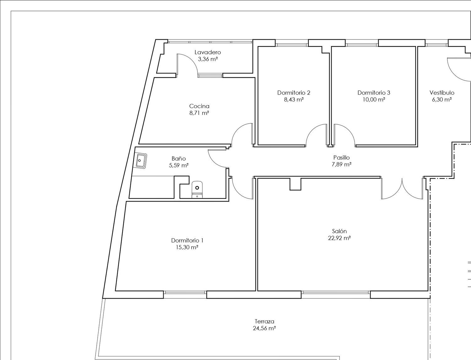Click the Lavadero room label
point(208,52)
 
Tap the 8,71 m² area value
point(199,113)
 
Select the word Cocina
point(199,106)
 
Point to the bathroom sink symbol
point(141,161)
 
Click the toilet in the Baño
point(197,190)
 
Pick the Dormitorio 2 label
point(294,93)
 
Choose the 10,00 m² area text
point(374,99)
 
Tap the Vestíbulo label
point(442,93)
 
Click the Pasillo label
point(341,158)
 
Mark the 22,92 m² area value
point(339,238)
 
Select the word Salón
point(339,231)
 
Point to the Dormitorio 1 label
point(187,240)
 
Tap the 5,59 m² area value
point(179,165)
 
